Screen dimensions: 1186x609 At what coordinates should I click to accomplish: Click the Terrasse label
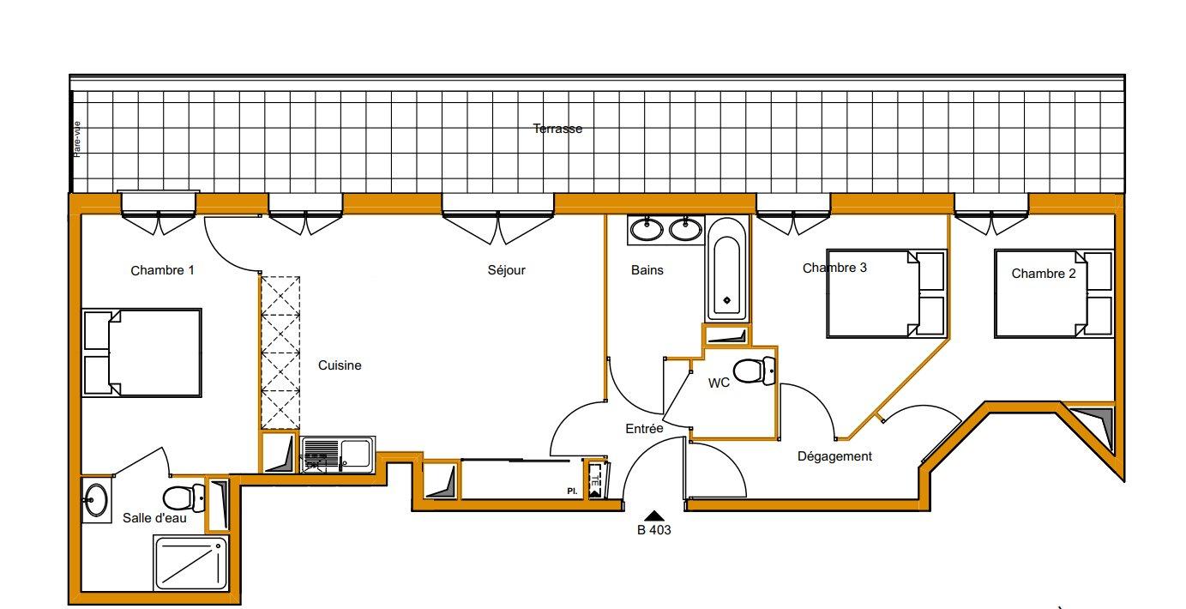click(x=557, y=129)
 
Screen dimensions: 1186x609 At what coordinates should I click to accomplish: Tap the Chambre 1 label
click(x=163, y=270)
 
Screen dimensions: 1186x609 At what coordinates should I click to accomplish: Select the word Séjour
click(x=506, y=270)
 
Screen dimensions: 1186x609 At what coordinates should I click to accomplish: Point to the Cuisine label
click(x=340, y=365)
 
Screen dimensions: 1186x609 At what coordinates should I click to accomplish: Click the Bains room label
click(x=647, y=270)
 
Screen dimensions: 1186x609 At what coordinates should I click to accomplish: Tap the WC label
click(x=719, y=383)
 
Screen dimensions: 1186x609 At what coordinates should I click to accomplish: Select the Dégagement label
click(x=834, y=456)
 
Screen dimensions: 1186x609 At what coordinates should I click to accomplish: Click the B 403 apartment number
click(x=654, y=530)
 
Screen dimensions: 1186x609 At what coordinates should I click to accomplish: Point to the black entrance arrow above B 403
click(x=654, y=516)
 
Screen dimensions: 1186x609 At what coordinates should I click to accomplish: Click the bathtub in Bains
click(x=727, y=271)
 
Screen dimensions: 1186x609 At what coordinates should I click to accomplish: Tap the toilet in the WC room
click(x=755, y=371)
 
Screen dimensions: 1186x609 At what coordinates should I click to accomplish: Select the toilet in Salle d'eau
click(x=184, y=497)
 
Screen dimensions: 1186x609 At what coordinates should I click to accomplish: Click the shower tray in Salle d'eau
click(x=191, y=563)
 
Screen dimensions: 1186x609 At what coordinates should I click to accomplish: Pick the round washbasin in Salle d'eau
click(x=96, y=499)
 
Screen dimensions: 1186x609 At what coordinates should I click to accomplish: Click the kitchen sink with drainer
click(x=339, y=455)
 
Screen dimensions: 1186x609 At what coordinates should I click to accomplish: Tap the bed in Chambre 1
click(x=141, y=353)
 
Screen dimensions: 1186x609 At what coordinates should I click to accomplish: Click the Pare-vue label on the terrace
click(x=77, y=139)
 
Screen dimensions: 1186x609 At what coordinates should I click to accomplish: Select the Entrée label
click(x=644, y=429)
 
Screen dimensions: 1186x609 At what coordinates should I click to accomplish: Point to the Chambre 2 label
click(x=1044, y=274)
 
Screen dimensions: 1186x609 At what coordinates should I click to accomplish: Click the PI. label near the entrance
click(x=572, y=491)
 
